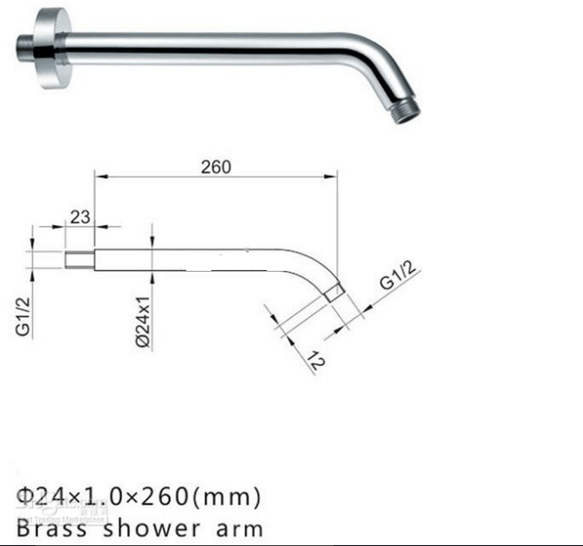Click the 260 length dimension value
(216, 167)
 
